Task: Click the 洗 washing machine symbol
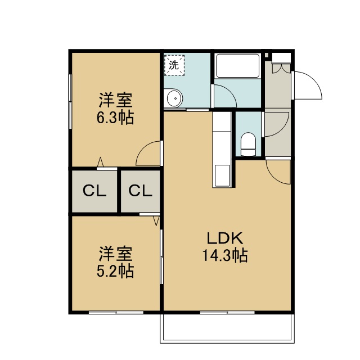point(174,65)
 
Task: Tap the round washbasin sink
point(174,98)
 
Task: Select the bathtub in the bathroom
point(238,66)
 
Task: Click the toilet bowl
point(248,144)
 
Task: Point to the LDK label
point(225,238)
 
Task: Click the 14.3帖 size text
point(225,255)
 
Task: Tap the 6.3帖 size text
point(115,118)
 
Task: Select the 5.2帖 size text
point(115,271)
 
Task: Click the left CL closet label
point(94,191)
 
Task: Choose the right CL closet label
point(140,191)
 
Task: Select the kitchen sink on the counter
point(222,175)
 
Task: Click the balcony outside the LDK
point(227,328)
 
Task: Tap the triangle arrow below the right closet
point(156,220)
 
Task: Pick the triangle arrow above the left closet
point(100,162)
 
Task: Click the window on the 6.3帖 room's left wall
point(70,101)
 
